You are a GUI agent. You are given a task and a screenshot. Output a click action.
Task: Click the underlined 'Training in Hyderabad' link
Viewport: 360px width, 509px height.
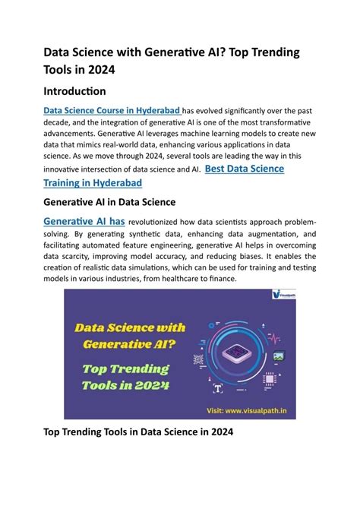pos(93,183)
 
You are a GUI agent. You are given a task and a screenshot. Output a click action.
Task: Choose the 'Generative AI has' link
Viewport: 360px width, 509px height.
pos(84,220)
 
